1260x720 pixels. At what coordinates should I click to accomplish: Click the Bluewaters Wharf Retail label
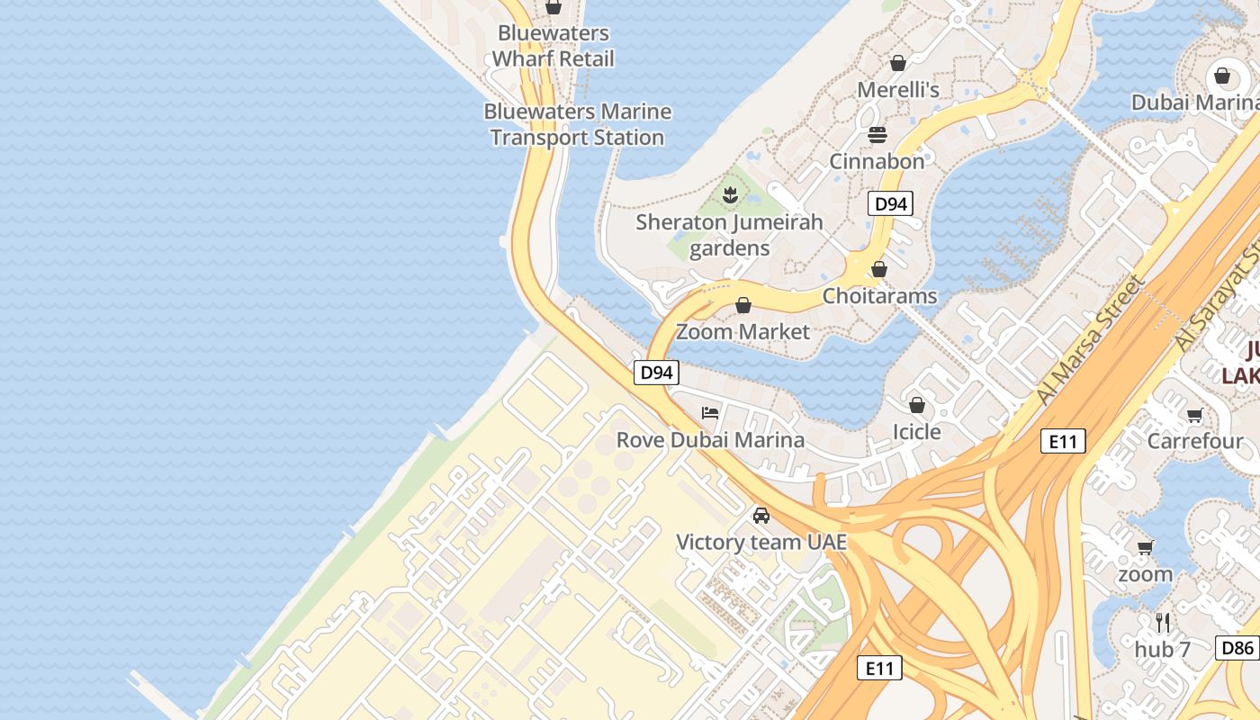point(553,46)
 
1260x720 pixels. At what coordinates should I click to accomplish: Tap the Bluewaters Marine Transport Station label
point(577,124)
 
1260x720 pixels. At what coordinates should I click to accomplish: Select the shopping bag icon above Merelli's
point(897,63)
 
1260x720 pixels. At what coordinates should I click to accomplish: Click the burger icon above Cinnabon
point(877,135)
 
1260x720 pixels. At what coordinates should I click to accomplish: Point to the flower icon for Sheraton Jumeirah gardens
point(730,194)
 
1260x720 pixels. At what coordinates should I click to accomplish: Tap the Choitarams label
point(879,296)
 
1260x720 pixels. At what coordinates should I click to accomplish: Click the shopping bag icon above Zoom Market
point(743,305)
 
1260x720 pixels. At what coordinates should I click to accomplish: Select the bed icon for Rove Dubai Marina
point(710,413)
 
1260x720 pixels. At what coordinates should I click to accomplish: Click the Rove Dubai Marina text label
point(710,440)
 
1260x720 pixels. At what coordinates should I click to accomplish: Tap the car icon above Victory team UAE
point(761,516)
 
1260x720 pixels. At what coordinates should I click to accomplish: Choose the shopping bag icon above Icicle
point(916,405)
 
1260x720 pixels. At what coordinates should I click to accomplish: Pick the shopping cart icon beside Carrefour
point(1194,415)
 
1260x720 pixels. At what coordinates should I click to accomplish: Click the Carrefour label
point(1194,441)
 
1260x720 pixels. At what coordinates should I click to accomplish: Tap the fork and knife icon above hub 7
point(1163,622)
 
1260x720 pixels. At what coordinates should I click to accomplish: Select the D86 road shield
point(1238,647)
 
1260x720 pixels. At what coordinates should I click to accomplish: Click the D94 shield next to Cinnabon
point(890,203)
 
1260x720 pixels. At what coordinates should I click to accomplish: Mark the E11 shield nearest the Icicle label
point(1063,441)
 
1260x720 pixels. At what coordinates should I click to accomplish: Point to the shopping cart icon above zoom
point(1145,547)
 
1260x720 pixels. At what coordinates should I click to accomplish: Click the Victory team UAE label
point(761,542)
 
